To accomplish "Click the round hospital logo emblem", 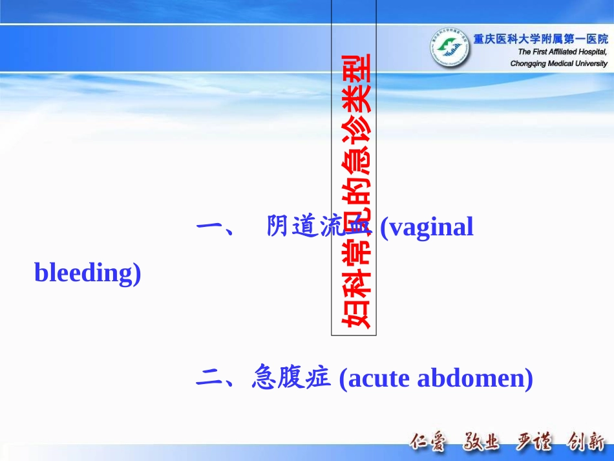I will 450,48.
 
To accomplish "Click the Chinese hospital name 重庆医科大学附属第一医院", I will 540,39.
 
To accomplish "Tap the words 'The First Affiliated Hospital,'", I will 562,52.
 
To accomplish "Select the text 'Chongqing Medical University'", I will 558,63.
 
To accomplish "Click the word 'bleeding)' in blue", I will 87,273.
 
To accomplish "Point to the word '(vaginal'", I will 427,228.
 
